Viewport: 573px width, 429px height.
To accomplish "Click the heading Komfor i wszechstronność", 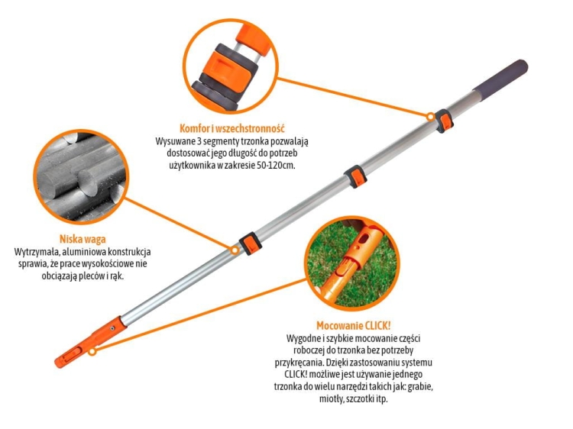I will (232, 127).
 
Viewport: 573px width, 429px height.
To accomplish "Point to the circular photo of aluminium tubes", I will (76, 175).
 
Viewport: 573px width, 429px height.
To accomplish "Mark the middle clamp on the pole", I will (352, 176).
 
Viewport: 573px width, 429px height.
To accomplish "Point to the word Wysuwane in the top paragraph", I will (177, 141).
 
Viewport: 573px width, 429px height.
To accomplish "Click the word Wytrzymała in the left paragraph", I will (38, 252).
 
